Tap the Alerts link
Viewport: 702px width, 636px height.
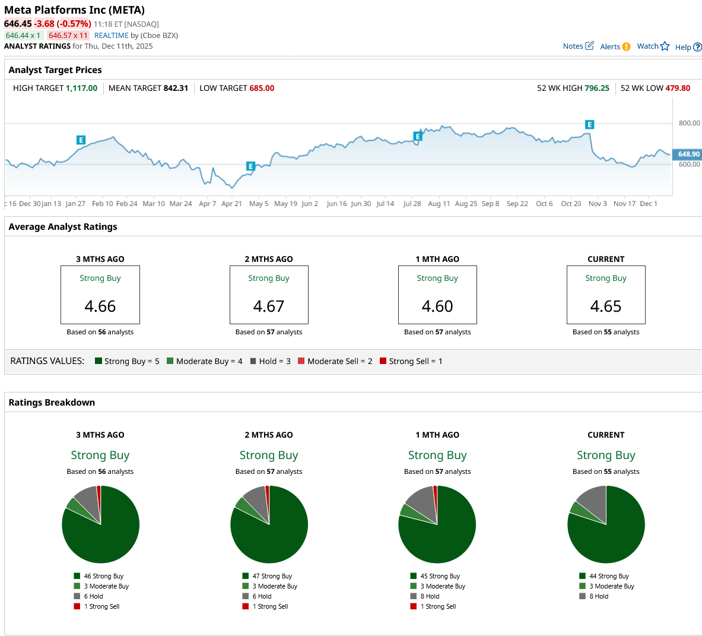tap(615, 47)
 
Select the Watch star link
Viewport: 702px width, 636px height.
tap(653, 46)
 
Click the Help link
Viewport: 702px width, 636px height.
tap(688, 48)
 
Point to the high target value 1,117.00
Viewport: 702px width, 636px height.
tap(81, 88)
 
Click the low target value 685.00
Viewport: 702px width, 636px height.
tap(262, 88)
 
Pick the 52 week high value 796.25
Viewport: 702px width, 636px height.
tap(596, 88)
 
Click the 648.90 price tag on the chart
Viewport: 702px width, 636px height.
tap(688, 154)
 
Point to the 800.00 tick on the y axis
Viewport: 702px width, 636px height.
tap(689, 124)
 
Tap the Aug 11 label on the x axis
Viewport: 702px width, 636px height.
tap(439, 204)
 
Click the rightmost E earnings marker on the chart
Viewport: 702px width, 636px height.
tap(589, 125)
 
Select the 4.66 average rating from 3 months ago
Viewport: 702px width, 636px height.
tap(100, 306)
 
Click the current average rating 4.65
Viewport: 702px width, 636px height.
tap(606, 306)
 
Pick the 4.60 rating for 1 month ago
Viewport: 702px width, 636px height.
tap(437, 306)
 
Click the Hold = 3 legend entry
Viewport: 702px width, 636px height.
tap(271, 361)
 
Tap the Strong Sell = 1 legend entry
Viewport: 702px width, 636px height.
tap(411, 361)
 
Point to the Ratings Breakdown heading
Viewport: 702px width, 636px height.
tap(52, 403)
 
